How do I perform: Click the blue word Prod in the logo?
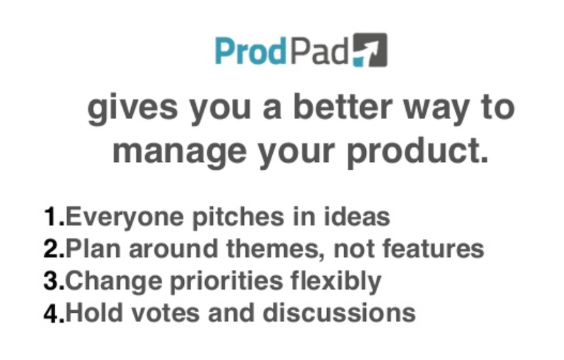(x=251, y=51)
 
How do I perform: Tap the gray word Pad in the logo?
(x=319, y=51)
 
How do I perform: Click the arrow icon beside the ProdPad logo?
(x=370, y=50)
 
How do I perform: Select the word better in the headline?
(x=343, y=107)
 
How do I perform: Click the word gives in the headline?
(x=133, y=109)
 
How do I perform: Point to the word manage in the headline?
(x=180, y=152)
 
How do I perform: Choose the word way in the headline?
(x=436, y=111)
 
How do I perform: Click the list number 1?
(x=54, y=217)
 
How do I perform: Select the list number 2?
(x=54, y=249)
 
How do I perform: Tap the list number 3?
(x=54, y=280)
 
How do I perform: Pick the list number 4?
(x=54, y=313)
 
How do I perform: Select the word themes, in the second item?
(x=276, y=249)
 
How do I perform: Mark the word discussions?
(x=339, y=313)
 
